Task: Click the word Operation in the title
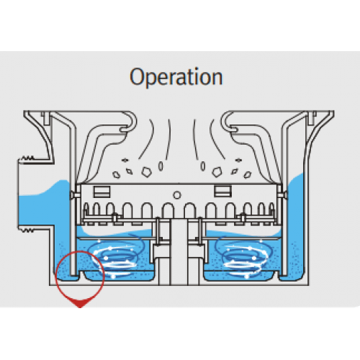(176, 77)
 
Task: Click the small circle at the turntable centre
(177, 195)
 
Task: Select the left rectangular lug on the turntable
(102, 192)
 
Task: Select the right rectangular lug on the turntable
(222, 192)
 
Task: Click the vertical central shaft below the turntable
(179, 252)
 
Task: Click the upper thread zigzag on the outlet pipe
(27, 158)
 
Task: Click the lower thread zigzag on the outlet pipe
(27, 231)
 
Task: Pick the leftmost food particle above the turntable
(117, 175)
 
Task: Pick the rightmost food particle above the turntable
(248, 175)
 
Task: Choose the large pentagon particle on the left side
(146, 172)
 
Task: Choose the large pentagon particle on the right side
(217, 172)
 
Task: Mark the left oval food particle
(161, 166)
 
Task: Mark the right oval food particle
(203, 166)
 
